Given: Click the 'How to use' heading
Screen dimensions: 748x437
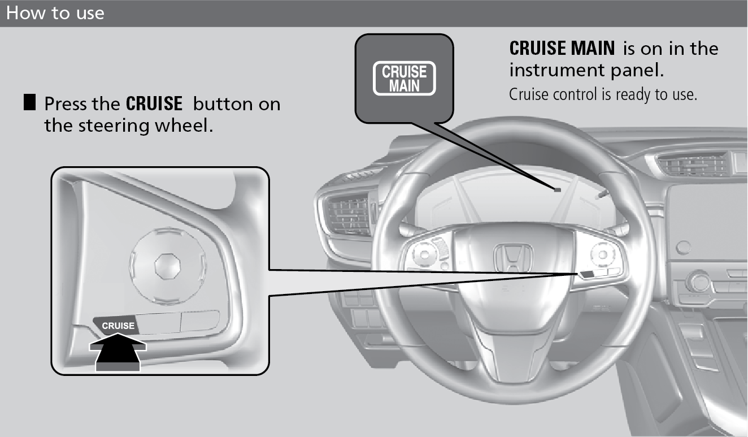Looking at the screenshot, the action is click(x=55, y=13).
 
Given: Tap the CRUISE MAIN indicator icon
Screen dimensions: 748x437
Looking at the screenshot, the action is click(x=404, y=78).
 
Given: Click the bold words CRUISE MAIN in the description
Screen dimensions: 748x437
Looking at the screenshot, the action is click(x=562, y=48).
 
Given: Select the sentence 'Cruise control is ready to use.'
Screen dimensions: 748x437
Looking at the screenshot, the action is click(x=603, y=94).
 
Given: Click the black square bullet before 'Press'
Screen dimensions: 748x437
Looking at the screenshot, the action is click(x=29, y=102).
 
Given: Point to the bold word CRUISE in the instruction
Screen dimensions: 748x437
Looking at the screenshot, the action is click(x=154, y=103).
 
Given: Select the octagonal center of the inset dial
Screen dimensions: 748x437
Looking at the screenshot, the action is click(x=168, y=266).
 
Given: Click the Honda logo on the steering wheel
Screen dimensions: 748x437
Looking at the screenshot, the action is click(x=513, y=258).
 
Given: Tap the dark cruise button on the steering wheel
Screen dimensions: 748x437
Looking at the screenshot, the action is click(x=586, y=274).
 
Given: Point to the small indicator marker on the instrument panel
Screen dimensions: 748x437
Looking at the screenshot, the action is click(x=557, y=190).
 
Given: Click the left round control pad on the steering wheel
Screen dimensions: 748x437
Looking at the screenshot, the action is click(x=424, y=254).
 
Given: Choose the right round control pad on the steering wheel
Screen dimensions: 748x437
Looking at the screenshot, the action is click(x=603, y=255).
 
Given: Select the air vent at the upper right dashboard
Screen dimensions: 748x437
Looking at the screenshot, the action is click(x=692, y=163).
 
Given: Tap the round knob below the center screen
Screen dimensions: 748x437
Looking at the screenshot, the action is click(x=699, y=282).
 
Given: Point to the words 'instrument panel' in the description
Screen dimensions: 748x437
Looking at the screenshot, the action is click(x=586, y=71).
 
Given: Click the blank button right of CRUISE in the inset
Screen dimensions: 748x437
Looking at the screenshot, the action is click(x=158, y=323).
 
